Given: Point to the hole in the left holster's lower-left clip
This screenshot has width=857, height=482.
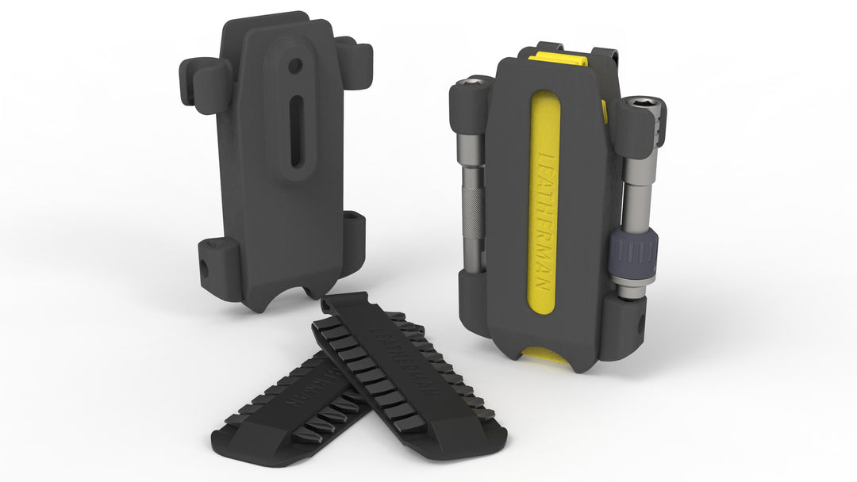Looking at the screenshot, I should pyautogui.click(x=204, y=269).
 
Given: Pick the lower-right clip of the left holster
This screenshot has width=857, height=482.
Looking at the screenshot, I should pyautogui.click(x=352, y=239).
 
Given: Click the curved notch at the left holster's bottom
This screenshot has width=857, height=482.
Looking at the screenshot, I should pyautogui.click(x=305, y=295).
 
